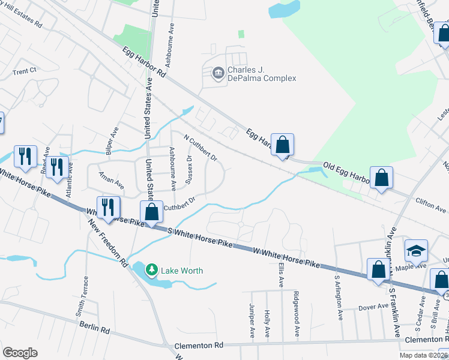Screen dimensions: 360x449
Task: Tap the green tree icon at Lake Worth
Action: point(152,270)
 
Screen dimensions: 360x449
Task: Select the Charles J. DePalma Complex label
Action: point(262,74)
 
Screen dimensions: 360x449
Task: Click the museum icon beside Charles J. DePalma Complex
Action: point(217,74)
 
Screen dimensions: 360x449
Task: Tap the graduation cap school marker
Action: point(415,250)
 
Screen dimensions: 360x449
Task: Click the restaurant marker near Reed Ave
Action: point(25,157)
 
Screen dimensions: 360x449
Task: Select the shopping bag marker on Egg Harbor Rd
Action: point(282,145)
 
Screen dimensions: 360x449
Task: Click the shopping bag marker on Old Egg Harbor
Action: point(381,178)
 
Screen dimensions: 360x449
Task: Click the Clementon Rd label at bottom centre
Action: point(198,346)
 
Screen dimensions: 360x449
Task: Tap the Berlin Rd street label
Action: point(96,328)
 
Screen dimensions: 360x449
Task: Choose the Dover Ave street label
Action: point(373,307)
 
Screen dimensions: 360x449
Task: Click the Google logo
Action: point(20,353)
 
